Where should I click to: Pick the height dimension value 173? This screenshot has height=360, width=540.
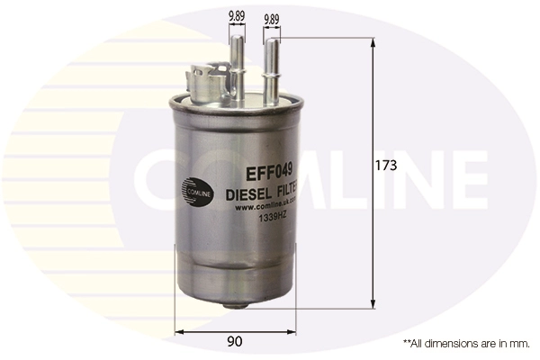click(387, 165)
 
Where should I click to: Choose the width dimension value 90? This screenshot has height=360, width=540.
click(234, 341)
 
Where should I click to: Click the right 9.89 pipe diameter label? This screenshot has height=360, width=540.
click(271, 16)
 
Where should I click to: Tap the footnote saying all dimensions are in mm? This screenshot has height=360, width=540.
click(466, 344)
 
